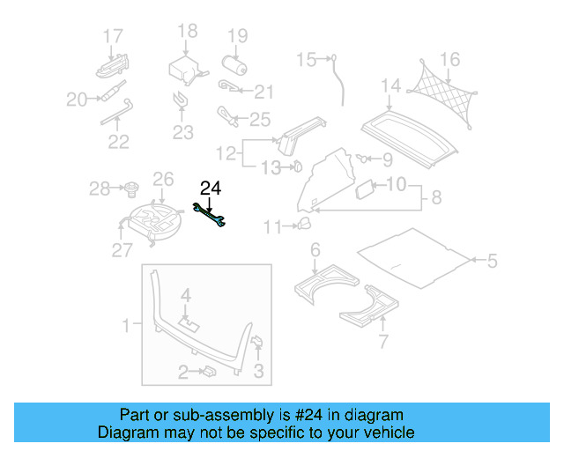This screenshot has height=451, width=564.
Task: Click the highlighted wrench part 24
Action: coord(211,216)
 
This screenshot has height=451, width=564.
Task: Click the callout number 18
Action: coord(188,32)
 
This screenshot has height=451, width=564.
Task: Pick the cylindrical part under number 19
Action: coord(234,66)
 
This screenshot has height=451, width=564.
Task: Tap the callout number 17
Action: coord(112,36)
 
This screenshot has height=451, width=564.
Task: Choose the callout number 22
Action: coord(118,141)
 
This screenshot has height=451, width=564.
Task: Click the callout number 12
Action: coord(226,153)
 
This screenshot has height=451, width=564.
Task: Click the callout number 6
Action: coord(315,250)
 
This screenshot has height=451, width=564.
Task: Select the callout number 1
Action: coord(126,325)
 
